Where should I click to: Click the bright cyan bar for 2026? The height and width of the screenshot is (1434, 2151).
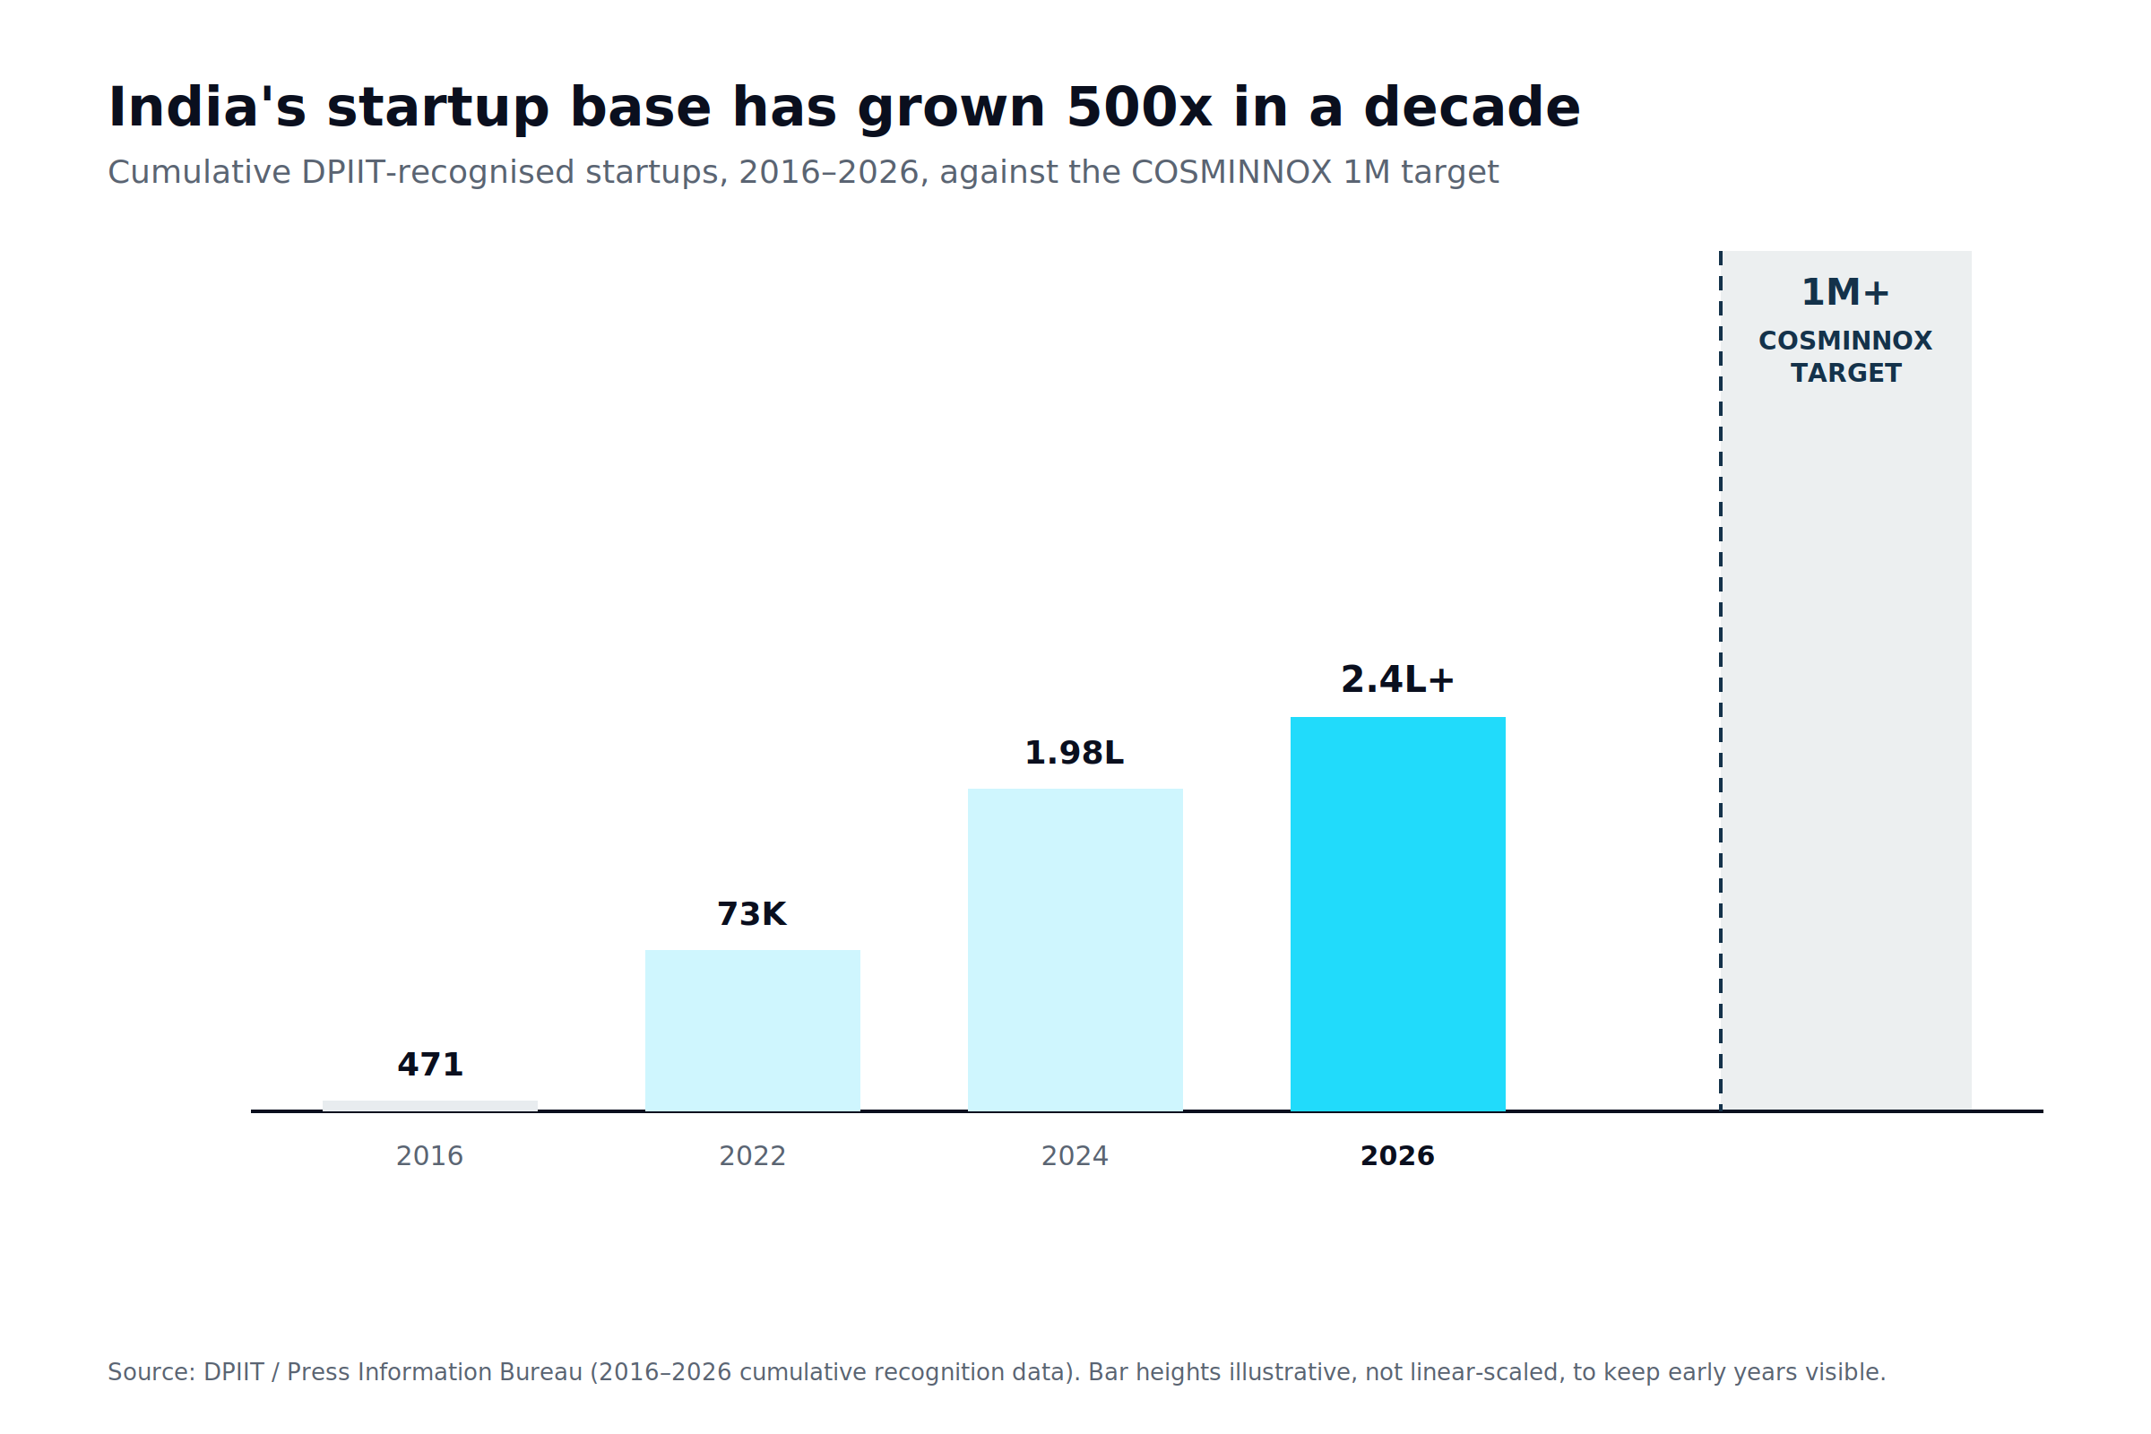1397,913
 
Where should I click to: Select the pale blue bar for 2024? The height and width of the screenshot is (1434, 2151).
1075,949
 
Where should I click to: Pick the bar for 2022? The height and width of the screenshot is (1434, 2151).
753,1031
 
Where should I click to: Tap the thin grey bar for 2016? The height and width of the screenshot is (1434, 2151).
430,1106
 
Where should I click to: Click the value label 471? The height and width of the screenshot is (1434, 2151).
430,1065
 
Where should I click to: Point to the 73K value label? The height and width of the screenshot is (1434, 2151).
752,914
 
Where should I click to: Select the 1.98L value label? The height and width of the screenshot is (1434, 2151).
1075,753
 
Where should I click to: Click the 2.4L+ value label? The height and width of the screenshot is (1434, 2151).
1397,679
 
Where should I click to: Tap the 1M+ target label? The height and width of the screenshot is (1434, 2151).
1844,293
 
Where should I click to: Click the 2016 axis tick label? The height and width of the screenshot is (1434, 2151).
430,1156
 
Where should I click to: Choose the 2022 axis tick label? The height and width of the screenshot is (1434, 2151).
753,1156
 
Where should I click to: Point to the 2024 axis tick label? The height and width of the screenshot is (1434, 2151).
1075,1156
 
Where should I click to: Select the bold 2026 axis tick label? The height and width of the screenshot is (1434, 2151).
1397,1156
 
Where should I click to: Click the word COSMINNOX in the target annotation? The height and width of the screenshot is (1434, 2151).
1845,341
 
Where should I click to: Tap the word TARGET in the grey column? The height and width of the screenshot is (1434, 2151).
1845,373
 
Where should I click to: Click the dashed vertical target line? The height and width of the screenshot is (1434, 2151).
1720,681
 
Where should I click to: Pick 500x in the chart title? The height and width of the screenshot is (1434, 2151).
1139,108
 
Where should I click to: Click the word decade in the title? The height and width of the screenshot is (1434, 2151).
1473,108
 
